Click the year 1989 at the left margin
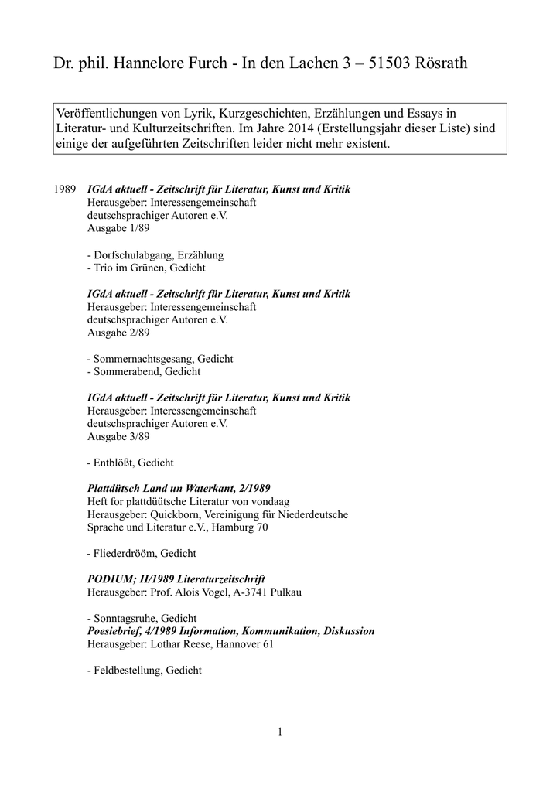[x=64, y=189]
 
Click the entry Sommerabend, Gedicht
[x=144, y=372]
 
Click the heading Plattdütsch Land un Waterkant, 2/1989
[x=178, y=489]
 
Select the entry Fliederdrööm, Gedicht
[x=142, y=554]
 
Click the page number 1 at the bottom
[x=280, y=731]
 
